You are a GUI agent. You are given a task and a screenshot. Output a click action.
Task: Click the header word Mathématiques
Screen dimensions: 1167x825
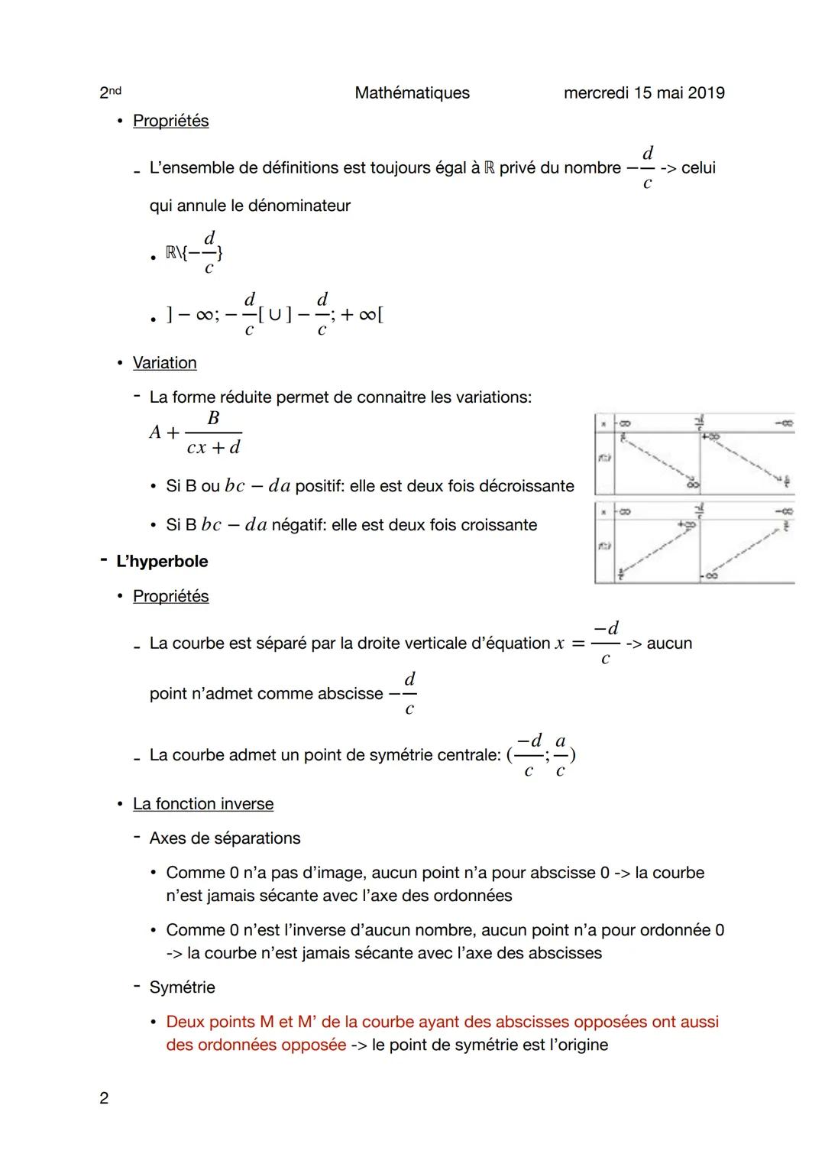coord(412,93)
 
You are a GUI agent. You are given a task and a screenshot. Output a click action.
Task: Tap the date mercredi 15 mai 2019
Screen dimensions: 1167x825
coord(643,93)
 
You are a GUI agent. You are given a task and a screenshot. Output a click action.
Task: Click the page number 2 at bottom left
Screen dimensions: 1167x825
coord(104,1098)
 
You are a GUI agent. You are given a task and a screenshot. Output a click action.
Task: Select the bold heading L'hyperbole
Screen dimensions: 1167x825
coord(162,562)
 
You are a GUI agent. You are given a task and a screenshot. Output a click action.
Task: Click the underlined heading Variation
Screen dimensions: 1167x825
coord(164,363)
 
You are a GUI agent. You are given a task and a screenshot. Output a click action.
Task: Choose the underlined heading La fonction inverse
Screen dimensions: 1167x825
coord(202,804)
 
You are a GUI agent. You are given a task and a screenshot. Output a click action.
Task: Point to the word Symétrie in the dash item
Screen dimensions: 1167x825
coord(183,987)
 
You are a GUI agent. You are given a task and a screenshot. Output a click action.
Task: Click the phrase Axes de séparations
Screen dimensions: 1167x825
coord(225,838)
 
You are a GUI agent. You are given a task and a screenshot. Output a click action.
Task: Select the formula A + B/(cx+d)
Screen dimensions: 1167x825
coord(196,433)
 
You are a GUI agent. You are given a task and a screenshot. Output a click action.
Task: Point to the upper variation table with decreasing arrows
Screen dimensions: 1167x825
coord(694,455)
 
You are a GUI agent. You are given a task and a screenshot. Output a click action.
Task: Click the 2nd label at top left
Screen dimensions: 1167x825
coord(110,92)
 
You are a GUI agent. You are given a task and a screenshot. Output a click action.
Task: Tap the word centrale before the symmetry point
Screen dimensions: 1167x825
coord(467,755)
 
